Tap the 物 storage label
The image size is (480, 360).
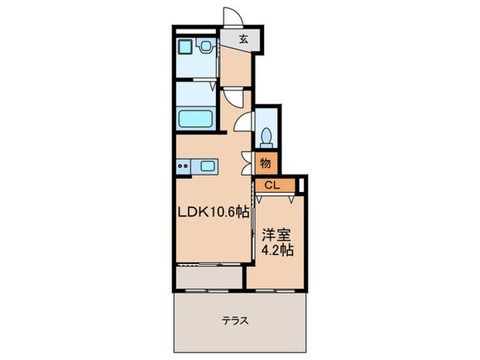(266, 162)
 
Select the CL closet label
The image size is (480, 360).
(272, 186)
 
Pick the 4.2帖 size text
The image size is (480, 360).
(276, 250)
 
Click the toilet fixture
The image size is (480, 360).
(266, 134)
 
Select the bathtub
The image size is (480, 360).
(195, 120)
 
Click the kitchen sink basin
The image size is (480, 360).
(208, 166)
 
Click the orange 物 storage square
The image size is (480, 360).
(266, 162)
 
